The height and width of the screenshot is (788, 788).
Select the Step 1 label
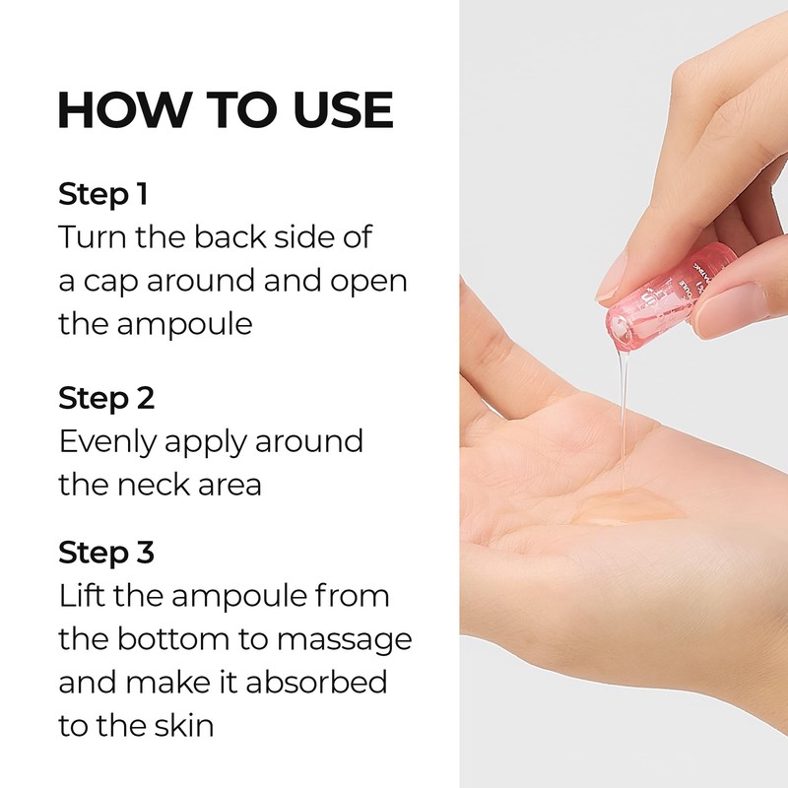click(102, 194)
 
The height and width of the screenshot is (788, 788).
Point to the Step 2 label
click(106, 399)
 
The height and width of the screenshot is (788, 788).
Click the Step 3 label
click(106, 553)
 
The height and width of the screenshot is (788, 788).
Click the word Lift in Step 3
click(80, 596)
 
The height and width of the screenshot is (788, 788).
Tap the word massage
click(345, 639)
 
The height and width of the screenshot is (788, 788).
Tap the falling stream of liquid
click(624, 414)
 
